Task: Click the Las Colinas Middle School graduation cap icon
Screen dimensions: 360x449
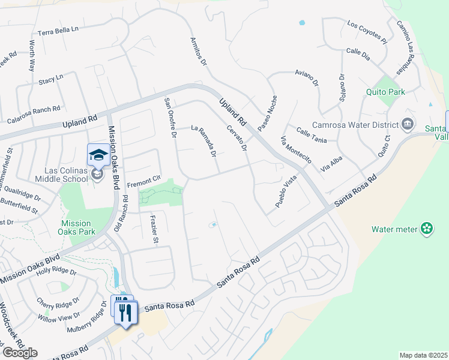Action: [97, 155]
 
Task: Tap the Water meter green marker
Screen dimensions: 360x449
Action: [427, 229]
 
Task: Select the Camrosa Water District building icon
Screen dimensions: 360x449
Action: [408, 124]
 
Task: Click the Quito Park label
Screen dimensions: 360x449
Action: [385, 92]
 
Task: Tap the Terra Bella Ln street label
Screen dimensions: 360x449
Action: [58, 30]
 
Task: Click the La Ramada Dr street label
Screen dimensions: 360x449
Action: [203, 140]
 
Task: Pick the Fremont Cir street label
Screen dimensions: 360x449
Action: [143, 179]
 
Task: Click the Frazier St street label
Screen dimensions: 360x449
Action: [154, 232]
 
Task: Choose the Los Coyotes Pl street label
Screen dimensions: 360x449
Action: [367, 32]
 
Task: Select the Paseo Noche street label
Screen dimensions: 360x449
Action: [268, 113]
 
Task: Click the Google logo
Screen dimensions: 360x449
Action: [20, 353]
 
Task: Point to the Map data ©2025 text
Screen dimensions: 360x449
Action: [423, 355]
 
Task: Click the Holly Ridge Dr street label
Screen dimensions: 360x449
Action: [56, 271]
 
